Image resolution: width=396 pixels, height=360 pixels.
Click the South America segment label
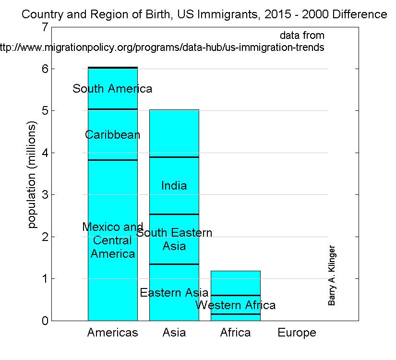[x=112, y=89]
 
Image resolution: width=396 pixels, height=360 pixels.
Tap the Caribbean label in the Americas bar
[x=112, y=135]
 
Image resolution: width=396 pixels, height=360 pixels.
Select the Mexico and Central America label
[x=112, y=240]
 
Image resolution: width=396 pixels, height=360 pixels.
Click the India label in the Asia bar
[x=174, y=186]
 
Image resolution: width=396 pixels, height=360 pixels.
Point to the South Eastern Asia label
[x=174, y=240]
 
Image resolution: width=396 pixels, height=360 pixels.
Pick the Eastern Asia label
[x=174, y=293]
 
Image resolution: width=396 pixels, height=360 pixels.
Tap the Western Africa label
[x=236, y=305]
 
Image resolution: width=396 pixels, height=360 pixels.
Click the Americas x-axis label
[x=112, y=333]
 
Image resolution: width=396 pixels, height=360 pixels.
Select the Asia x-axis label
[x=174, y=333]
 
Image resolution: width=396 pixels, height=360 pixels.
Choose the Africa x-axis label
[x=235, y=333]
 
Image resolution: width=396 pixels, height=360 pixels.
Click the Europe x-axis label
[x=297, y=333]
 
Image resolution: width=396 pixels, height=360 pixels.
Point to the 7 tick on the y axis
[x=45, y=27]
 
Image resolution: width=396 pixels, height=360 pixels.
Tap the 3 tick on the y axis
[x=45, y=195]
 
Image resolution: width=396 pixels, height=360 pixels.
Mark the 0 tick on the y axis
[x=45, y=321]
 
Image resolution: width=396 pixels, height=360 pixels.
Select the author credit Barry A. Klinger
[x=332, y=276]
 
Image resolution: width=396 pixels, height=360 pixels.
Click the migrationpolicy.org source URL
[x=162, y=48]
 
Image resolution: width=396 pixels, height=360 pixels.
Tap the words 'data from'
[x=302, y=36]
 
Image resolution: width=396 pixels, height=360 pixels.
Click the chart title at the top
[x=204, y=15]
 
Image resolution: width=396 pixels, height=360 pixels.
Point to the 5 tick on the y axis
[x=45, y=111]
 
